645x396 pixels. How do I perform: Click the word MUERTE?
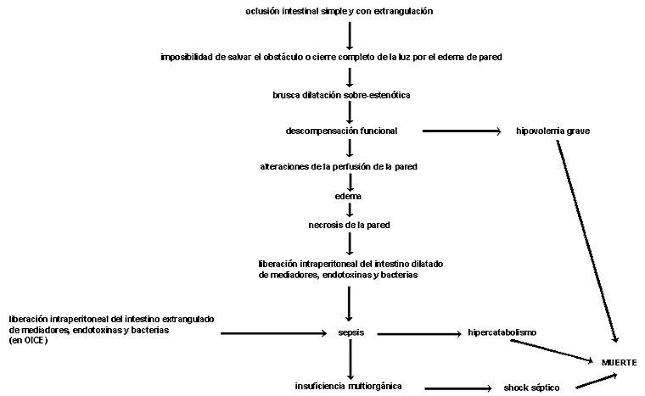pos(619,363)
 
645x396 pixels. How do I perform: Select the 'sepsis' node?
pos(351,332)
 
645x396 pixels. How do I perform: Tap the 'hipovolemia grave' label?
pos(552,131)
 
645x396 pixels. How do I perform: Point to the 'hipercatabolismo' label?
pos(502,332)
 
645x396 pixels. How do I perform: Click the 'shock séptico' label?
pos(531,388)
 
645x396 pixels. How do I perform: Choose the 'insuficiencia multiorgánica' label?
pos(348,386)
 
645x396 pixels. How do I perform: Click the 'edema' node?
pos(348,196)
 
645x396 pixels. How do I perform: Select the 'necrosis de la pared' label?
pos(350,225)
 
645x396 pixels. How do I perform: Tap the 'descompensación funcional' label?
pos(341,131)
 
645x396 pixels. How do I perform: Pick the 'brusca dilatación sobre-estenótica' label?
pos(341,95)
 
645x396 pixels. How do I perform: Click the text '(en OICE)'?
pos(28,341)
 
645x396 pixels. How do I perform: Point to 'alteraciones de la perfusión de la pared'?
pos(339,166)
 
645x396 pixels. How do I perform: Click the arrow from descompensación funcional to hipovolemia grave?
pos(462,131)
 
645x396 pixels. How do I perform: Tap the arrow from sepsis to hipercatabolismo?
pos(419,334)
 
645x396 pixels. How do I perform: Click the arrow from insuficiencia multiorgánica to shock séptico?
pos(458,388)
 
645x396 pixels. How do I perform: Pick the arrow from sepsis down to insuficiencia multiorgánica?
pos(351,359)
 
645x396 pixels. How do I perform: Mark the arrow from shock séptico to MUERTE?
pos(596,381)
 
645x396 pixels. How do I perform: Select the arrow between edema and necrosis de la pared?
pos(350,209)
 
